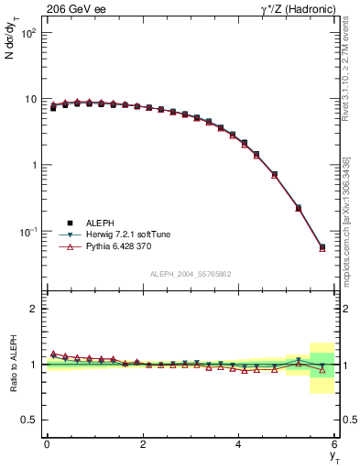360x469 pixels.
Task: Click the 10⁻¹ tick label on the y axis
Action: (x=27, y=232)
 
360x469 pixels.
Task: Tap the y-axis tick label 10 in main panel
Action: (x=31, y=99)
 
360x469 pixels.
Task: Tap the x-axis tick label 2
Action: (x=143, y=444)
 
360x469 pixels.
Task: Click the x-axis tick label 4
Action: (x=239, y=444)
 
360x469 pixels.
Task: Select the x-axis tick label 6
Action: (x=334, y=444)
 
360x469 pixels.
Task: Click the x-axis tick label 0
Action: (x=47, y=444)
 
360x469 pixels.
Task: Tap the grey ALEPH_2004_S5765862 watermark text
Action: (x=191, y=274)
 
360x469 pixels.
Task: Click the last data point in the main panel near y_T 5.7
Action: (x=322, y=247)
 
